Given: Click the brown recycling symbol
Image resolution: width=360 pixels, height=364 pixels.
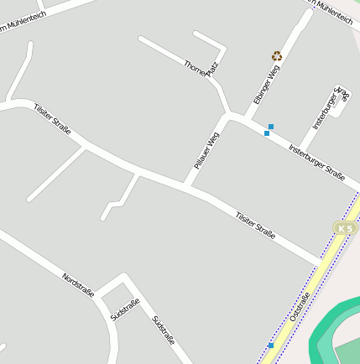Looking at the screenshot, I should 277,56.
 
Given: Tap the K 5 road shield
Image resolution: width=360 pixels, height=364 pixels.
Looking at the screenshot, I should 344,228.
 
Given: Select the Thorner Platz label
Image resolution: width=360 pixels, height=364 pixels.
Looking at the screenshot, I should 201,66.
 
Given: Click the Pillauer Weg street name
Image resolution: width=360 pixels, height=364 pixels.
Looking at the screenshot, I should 206,151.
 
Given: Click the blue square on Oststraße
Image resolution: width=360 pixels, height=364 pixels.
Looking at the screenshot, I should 271,345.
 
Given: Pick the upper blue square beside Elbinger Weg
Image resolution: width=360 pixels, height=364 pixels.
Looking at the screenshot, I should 271,127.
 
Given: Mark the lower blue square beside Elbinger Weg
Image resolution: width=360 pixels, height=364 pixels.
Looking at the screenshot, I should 267,133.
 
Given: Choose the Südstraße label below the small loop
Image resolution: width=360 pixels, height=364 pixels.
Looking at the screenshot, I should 125,309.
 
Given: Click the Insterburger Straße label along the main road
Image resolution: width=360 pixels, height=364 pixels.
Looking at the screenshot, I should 316,163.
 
